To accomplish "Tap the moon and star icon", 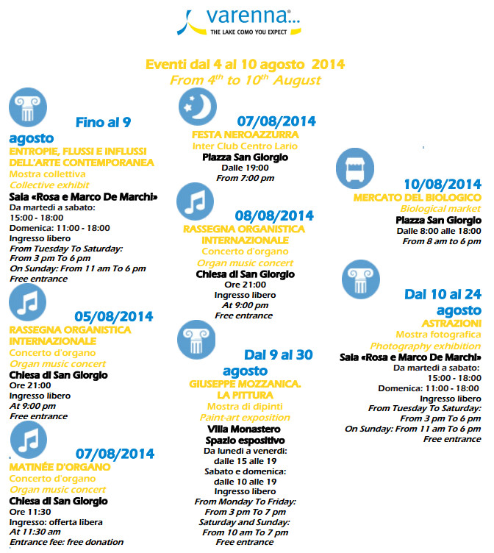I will tap(198, 107).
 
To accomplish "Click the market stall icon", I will tap(355, 167).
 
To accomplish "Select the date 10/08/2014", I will tap(443, 184).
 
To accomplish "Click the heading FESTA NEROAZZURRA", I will tap(245, 135).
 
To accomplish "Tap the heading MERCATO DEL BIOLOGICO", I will tap(418, 198).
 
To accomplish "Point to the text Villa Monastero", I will tap(245, 429).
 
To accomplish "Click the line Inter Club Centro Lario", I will tap(245, 146).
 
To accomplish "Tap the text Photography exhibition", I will tap(425, 346).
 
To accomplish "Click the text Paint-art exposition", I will tap(245, 417).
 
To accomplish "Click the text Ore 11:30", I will tap(30, 512).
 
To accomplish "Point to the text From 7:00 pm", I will tap(245, 179).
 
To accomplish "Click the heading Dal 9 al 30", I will tap(279, 355).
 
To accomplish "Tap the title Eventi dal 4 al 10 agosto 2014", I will tap(245, 65).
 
